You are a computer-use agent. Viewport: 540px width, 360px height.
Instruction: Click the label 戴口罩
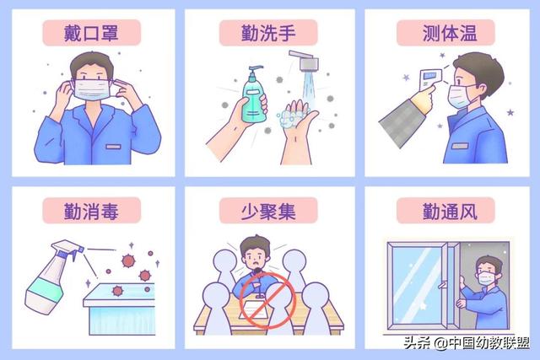tap(91, 33)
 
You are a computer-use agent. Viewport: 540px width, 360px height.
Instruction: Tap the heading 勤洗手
tap(268, 33)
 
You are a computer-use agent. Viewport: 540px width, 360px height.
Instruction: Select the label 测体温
tap(450, 33)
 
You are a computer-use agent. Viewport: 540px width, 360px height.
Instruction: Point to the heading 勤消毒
tap(91, 211)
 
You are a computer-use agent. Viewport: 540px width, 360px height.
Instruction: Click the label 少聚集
tap(268, 211)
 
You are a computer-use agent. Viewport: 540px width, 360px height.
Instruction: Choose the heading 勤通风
tap(450, 211)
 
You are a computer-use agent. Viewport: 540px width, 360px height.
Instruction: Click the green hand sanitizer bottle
tap(254, 95)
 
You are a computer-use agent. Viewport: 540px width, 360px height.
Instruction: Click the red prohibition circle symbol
tap(267, 299)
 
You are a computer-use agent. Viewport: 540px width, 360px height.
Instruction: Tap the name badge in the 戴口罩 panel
tap(113, 147)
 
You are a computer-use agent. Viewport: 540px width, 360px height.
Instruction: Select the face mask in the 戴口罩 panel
tap(92, 89)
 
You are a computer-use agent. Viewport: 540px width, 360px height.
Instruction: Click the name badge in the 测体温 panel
tap(460, 146)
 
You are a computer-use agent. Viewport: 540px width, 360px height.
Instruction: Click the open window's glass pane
tap(418, 286)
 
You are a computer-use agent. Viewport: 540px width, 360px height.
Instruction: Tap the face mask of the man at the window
tap(486, 277)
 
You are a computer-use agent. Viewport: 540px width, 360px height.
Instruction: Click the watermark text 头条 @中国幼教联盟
tap(467, 343)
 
